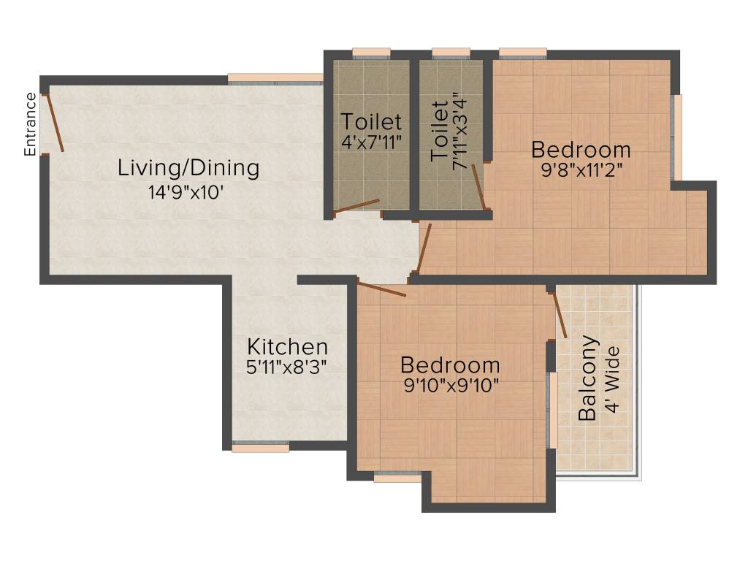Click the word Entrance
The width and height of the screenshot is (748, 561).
pyautogui.click(x=30, y=124)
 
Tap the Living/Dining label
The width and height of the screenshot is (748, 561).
pyautogui.click(x=188, y=168)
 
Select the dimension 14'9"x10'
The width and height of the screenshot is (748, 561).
pyautogui.click(x=186, y=193)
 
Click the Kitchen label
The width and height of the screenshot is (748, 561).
pyautogui.click(x=287, y=347)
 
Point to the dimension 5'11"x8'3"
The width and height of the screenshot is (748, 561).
pyautogui.click(x=286, y=367)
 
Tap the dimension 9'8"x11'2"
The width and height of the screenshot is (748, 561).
pyautogui.click(x=581, y=169)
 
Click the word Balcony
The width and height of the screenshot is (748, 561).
pyautogui.click(x=587, y=378)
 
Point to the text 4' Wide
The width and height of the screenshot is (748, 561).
pyautogui.click(x=612, y=379)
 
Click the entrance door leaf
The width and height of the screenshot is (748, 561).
pyautogui.click(x=53, y=123)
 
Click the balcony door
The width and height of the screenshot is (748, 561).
pyautogui.click(x=558, y=314)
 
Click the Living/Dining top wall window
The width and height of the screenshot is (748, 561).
pyautogui.click(x=275, y=79)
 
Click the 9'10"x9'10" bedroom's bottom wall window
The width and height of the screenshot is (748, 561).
pyautogui.click(x=397, y=476)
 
